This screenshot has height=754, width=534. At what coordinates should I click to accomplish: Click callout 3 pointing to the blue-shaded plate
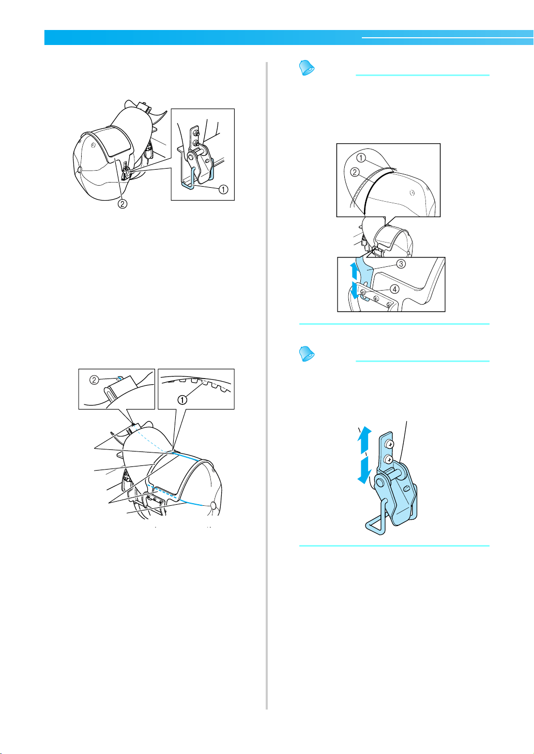[x=401, y=264]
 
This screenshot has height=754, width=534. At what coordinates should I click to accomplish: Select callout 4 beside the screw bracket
[x=395, y=289]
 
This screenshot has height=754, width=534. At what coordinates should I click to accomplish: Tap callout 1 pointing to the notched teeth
[x=182, y=400]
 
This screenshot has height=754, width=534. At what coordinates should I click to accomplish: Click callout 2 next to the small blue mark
[x=94, y=380]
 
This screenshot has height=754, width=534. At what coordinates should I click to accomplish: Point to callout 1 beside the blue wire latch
[x=223, y=189]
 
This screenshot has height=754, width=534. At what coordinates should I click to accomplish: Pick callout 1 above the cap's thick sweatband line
[x=361, y=158]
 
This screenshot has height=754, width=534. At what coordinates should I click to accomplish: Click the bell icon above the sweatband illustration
[x=307, y=68]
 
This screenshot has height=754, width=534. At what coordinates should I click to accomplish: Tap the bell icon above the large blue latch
[x=307, y=354]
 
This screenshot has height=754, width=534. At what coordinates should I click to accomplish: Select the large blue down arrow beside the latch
[x=364, y=470]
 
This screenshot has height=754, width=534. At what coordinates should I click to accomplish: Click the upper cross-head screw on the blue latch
[x=390, y=445]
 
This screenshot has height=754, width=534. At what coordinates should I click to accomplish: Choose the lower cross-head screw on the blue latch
[x=389, y=459]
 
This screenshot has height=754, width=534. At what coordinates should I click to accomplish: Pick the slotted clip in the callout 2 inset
[x=119, y=387]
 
